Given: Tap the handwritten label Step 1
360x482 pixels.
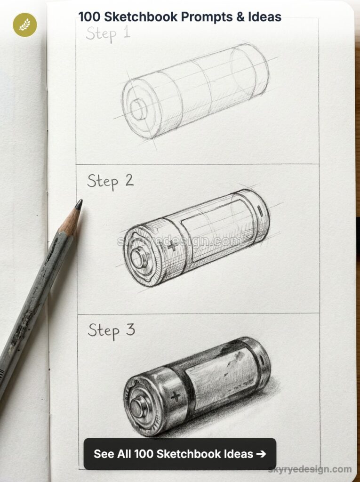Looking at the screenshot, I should pyautogui.click(x=108, y=34).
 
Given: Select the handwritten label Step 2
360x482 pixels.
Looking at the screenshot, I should pyautogui.click(x=110, y=181).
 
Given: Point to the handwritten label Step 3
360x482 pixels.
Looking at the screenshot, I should pyautogui.click(x=111, y=330).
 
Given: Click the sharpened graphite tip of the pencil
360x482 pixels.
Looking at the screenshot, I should pyautogui.click(x=79, y=204).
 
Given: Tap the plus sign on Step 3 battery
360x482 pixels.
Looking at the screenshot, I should pyautogui.click(x=176, y=396).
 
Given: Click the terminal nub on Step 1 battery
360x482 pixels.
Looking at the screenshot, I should pyautogui.click(x=138, y=110).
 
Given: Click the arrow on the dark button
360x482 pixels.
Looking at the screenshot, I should pyautogui.click(x=261, y=454).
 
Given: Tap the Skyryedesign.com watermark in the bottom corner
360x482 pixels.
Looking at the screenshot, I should pyautogui.click(x=310, y=469).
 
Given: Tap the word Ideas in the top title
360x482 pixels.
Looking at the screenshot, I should pyautogui.click(x=265, y=17).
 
